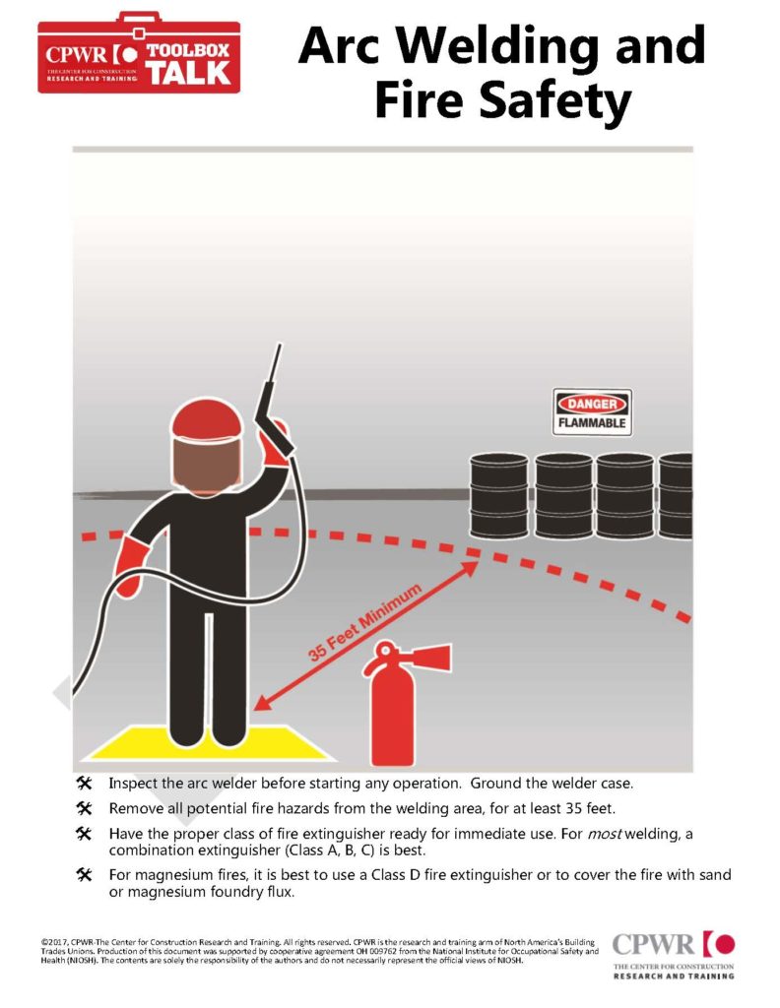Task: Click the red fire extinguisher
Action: [391, 707]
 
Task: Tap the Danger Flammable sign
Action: [592, 412]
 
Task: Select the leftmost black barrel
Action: [498, 496]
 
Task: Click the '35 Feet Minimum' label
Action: [364, 622]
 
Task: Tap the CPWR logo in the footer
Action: [674, 955]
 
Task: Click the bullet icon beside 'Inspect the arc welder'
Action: [85, 783]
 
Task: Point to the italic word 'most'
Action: [605, 834]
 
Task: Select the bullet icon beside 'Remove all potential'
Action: [85, 808]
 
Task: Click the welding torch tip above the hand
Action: [280, 346]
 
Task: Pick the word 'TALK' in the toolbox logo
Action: [188, 73]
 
